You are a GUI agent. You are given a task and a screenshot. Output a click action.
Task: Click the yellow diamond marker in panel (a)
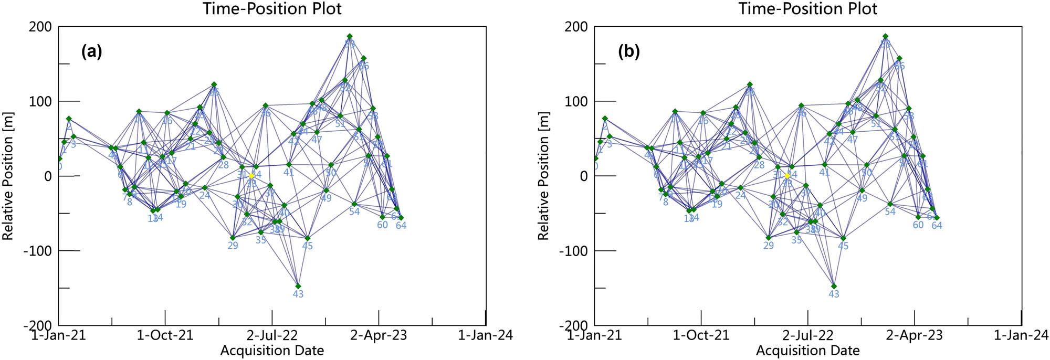point(251,176)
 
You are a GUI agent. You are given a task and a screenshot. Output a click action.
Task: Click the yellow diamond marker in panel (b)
point(787,176)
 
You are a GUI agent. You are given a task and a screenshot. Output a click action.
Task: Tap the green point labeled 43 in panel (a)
point(298,286)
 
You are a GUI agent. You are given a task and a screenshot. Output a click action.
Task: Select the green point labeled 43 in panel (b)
point(834,286)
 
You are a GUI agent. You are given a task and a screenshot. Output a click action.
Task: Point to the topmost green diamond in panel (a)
point(350,36)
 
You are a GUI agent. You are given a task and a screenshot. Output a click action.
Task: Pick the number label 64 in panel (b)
point(937,226)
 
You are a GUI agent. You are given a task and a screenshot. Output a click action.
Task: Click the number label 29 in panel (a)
point(233,246)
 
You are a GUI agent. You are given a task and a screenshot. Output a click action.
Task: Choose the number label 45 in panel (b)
point(843,246)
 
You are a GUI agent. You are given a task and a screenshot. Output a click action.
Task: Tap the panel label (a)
point(91,51)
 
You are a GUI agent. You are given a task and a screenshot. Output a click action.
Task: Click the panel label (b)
point(628,51)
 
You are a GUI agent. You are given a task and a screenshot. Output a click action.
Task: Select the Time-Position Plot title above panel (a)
point(272,9)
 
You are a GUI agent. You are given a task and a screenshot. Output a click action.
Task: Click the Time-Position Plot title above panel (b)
point(808,9)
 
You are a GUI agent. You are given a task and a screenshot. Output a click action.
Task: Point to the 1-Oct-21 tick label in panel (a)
point(165,335)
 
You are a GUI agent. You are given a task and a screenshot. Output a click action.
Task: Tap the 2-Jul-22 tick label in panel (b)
point(807,335)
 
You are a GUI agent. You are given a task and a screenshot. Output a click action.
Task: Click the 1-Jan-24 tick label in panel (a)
point(485,335)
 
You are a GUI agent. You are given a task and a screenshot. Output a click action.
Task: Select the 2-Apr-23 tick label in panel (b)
point(914,335)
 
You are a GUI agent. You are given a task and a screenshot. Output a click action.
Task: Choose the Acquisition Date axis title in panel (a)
point(272,351)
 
